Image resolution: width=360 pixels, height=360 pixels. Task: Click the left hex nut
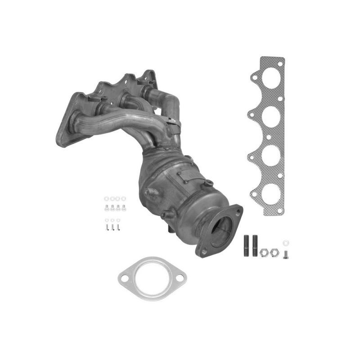264,252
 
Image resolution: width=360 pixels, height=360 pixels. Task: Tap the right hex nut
275,252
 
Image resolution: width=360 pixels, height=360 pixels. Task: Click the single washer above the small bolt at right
286,243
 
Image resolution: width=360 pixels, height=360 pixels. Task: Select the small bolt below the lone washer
286,254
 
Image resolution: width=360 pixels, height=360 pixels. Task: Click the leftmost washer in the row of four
107,198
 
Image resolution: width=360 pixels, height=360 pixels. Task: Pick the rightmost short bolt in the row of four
124,207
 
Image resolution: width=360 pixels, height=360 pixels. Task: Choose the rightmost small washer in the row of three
118,220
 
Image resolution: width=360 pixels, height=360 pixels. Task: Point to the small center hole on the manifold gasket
268,137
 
